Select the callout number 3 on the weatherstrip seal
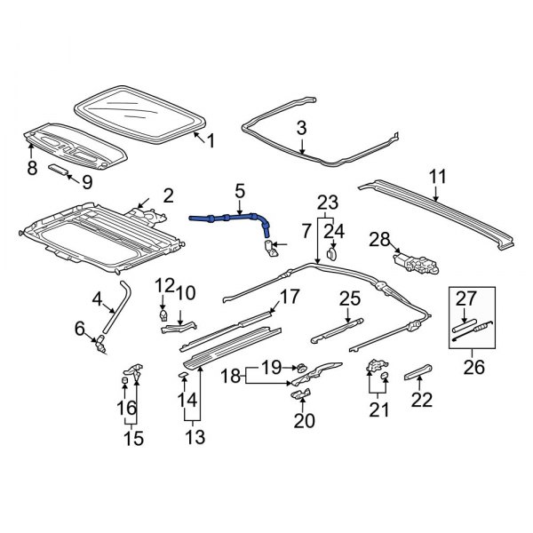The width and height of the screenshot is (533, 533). (x=301, y=128)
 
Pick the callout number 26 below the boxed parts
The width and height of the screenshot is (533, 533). (x=474, y=365)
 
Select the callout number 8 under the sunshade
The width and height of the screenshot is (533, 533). (x=32, y=168)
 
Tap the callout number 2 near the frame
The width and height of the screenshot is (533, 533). (x=168, y=195)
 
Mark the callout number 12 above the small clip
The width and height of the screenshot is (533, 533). (x=165, y=284)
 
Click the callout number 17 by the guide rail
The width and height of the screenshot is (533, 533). (x=290, y=296)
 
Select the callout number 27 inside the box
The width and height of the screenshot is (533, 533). (x=465, y=298)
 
